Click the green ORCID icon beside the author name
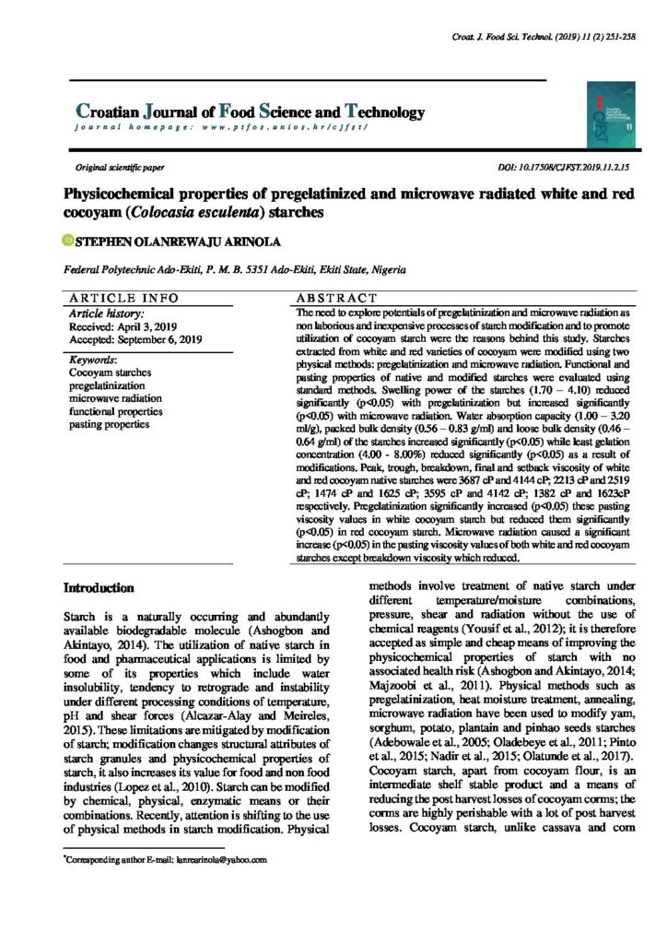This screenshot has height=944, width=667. coord(66,242)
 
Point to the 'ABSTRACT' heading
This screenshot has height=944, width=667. coord(336,299)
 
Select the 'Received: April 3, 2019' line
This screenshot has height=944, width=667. coord(123,326)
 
